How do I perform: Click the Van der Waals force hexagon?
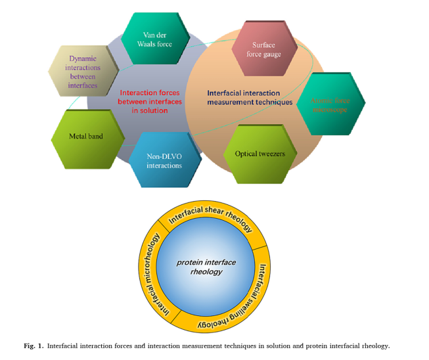click(x=155, y=39)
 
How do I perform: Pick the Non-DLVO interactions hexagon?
click(x=164, y=161)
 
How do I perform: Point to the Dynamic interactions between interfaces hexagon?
click(x=83, y=72)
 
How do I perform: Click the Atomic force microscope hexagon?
click(x=330, y=104)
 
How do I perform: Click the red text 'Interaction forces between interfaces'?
click(x=150, y=102)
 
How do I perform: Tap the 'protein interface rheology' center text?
click(x=206, y=267)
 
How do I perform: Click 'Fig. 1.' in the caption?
click(x=34, y=346)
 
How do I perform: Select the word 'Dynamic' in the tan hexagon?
click(x=83, y=58)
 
